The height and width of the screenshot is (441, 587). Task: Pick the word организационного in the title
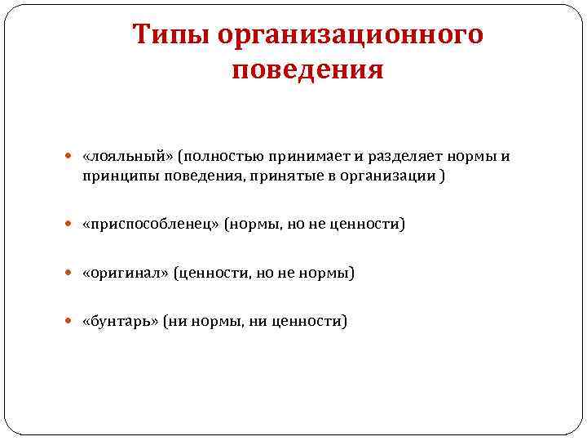pos(351,36)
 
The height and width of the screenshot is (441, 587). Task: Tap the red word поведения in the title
pos(307,71)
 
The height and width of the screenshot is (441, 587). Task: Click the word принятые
pos(279,176)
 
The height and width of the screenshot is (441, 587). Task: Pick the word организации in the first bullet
pos(383,176)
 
